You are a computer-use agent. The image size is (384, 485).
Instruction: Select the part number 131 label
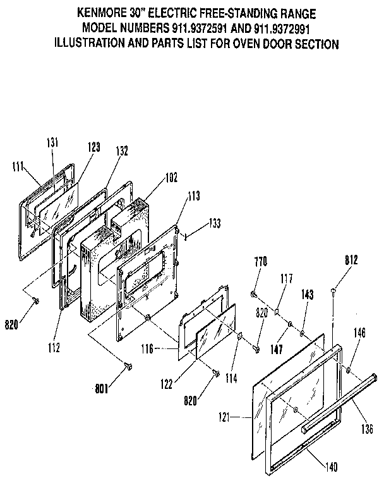tap(52, 144)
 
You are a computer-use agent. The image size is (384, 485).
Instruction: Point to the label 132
tap(122, 151)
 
